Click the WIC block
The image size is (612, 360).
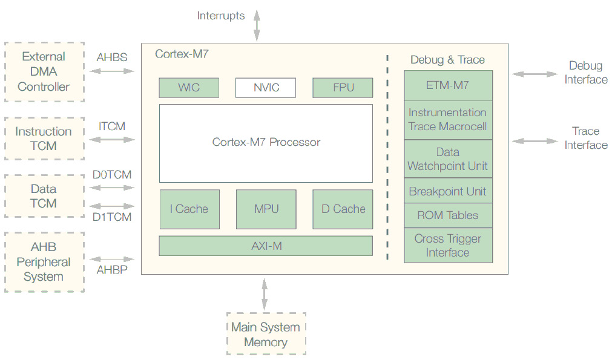tap(189, 88)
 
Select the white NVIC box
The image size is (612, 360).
tap(266, 88)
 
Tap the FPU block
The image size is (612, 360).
tap(343, 88)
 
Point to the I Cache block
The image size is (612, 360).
tap(189, 209)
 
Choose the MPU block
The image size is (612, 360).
tap(266, 209)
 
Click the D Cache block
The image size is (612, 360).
tap(343, 209)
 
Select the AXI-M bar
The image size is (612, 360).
tap(266, 246)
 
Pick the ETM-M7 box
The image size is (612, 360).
tap(448, 85)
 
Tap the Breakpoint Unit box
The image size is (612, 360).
tap(448, 191)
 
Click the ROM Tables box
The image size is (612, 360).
tap(448, 215)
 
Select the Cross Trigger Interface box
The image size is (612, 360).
tap(448, 245)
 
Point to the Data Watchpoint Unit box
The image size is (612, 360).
tap(448, 159)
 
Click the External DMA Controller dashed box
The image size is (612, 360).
tap(44, 71)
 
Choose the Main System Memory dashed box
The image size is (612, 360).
tap(266, 334)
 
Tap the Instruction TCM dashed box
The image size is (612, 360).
tap(44, 139)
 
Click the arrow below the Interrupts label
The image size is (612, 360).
tap(257, 27)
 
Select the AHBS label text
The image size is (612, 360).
tap(112, 57)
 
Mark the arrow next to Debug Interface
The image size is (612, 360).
tap(535, 74)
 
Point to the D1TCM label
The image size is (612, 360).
tap(112, 217)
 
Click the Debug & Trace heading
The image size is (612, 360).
tap(447, 60)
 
